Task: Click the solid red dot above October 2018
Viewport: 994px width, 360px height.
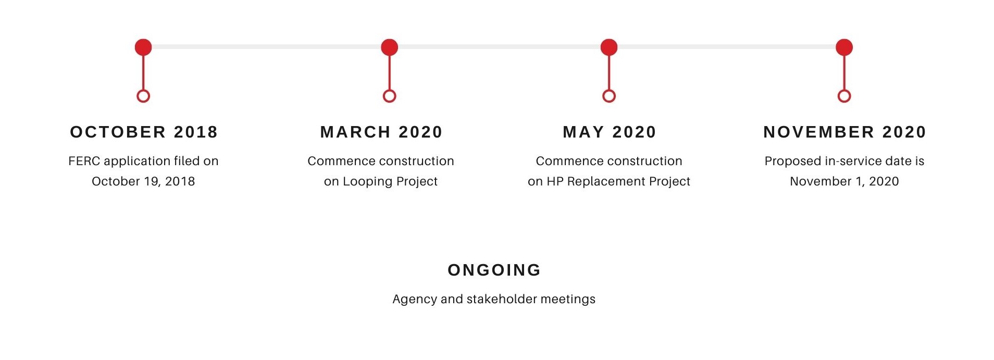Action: (x=143, y=47)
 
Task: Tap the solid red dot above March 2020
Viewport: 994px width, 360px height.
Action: (x=389, y=47)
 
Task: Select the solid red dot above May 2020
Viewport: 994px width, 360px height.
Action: (x=609, y=47)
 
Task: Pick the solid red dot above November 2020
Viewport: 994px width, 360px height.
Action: (x=844, y=47)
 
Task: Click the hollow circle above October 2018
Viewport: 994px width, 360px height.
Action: (x=143, y=90)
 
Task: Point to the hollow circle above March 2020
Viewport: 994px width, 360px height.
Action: (x=389, y=90)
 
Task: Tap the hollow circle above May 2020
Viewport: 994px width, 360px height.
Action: (x=609, y=90)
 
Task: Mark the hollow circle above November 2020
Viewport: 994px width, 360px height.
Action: (x=844, y=90)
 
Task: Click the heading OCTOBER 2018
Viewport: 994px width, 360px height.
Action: (x=144, y=132)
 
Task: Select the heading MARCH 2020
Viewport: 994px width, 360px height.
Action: (x=381, y=132)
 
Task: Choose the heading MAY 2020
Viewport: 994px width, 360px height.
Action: (x=610, y=132)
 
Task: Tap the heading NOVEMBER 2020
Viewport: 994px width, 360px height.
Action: (x=844, y=132)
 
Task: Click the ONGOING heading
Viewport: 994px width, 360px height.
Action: (x=494, y=270)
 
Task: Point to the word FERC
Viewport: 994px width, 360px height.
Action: (x=84, y=161)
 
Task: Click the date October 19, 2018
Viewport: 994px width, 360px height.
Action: (x=143, y=181)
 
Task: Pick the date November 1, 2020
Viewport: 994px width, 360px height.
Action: (x=844, y=181)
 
